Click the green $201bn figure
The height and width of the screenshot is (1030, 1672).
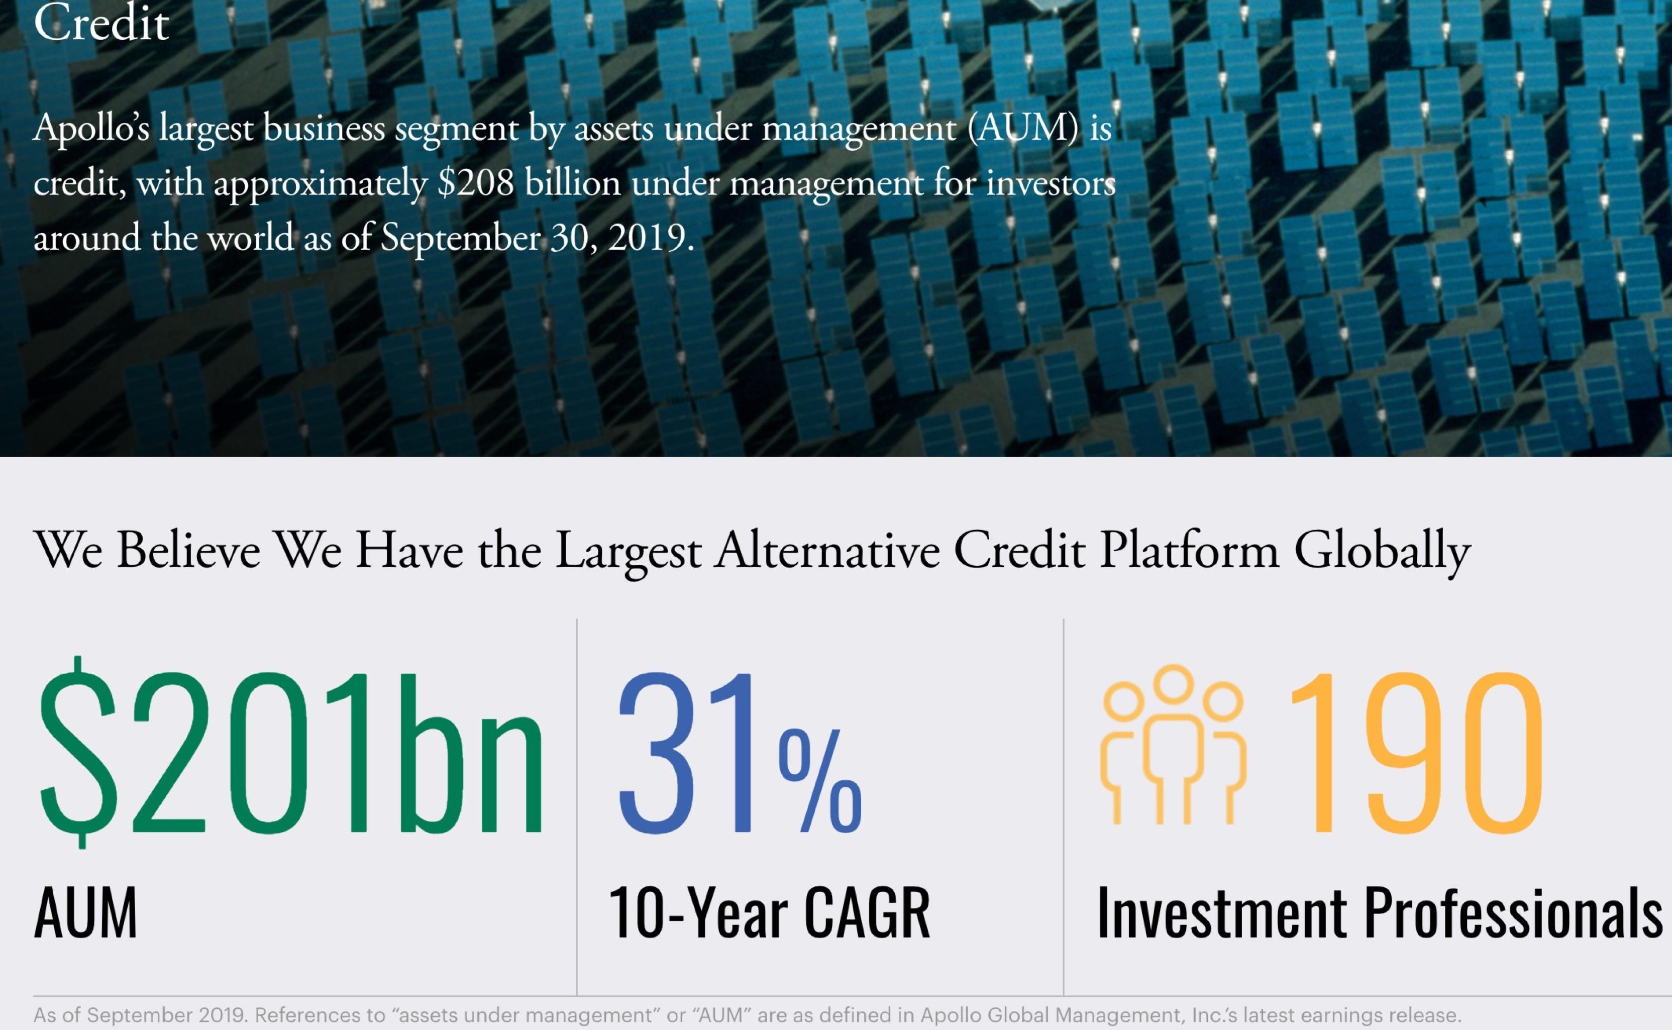tap(291, 753)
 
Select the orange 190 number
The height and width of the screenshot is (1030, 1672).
tap(1417, 753)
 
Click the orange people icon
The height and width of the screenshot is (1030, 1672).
tap(1173, 746)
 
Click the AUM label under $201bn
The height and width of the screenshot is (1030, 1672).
tap(86, 913)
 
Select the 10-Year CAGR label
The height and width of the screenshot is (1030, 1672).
tap(769, 913)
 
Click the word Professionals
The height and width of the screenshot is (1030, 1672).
tap(1513, 913)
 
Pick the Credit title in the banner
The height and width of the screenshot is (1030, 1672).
tap(101, 24)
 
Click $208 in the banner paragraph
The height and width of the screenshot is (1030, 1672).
tap(475, 184)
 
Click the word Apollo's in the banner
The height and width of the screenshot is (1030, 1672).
tap(91, 128)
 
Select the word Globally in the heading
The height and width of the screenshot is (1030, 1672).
tap(1383, 552)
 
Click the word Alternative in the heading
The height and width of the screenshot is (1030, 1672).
tap(827, 551)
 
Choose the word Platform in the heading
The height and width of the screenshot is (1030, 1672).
tap(1189, 551)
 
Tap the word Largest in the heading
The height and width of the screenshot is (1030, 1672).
tap(628, 552)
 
